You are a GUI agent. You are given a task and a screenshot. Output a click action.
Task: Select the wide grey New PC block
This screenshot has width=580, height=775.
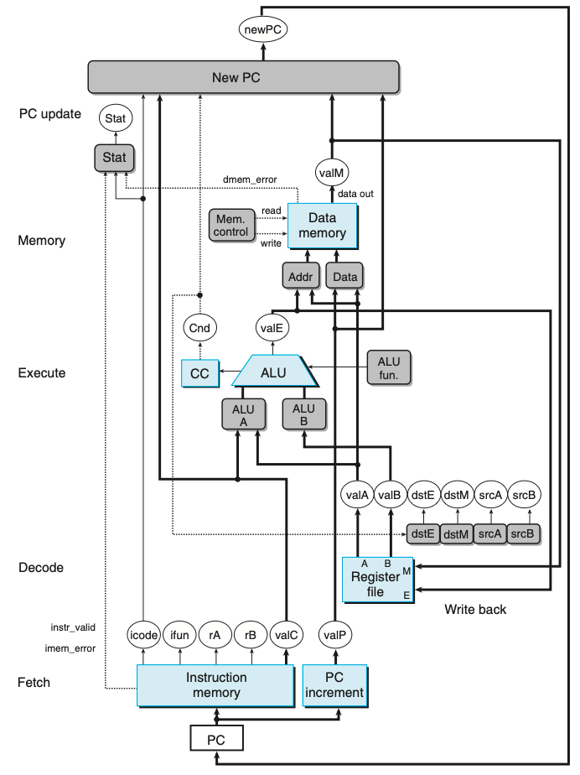coord(242,79)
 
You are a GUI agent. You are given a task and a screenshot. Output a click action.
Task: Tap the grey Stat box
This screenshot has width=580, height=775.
coord(116,157)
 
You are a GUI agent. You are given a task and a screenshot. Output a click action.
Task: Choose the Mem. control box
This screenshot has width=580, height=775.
coord(230,224)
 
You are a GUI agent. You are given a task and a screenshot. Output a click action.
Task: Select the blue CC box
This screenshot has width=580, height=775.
coord(199,372)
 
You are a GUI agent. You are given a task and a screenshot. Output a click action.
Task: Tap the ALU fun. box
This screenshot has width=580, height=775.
coord(389,367)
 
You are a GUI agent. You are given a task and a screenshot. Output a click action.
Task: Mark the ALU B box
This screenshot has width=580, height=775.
coord(303,414)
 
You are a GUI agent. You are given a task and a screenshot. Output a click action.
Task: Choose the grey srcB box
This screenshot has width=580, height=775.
coord(524,533)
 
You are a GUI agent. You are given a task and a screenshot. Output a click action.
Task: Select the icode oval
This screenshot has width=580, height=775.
coord(143,635)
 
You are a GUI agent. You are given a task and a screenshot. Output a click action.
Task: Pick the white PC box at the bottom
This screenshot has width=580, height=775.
coord(215,739)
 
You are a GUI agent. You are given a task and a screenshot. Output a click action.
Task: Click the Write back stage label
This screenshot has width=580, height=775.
coord(474,610)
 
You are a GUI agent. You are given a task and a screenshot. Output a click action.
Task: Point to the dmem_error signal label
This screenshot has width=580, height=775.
coord(251,179)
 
